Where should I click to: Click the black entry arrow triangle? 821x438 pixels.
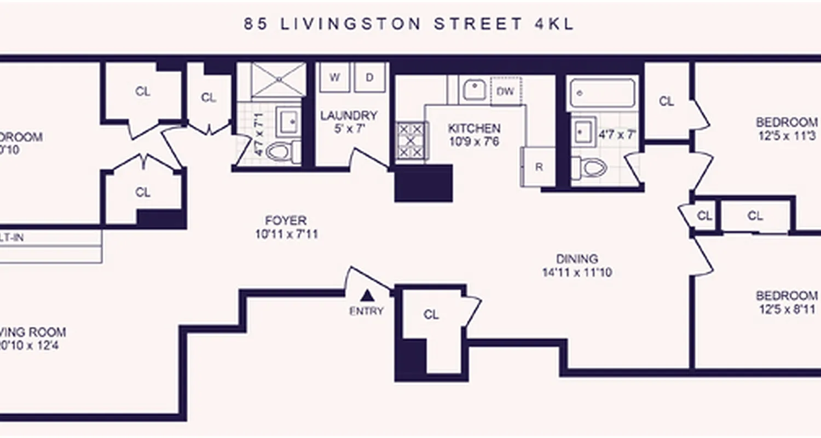click(368, 296)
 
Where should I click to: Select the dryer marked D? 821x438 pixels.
click(369, 77)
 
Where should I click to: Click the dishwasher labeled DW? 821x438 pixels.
click(506, 91)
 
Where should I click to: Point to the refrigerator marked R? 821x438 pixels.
click(539, 167)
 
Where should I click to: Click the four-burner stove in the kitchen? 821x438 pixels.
click(410, 141)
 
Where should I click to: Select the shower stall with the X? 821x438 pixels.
click(279, 79)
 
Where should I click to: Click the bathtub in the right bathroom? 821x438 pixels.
click(603, 94)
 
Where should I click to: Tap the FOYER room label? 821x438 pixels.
click(285, 221)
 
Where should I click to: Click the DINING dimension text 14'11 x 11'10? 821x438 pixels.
click(577, 272)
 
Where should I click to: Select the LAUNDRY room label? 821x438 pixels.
click(349, 116)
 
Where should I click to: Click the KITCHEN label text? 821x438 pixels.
click(474, 129)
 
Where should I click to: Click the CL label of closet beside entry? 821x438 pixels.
click(431, 315)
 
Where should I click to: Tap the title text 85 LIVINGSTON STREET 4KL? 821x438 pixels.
click(409, 24)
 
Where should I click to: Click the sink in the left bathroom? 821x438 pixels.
click(288, 121)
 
